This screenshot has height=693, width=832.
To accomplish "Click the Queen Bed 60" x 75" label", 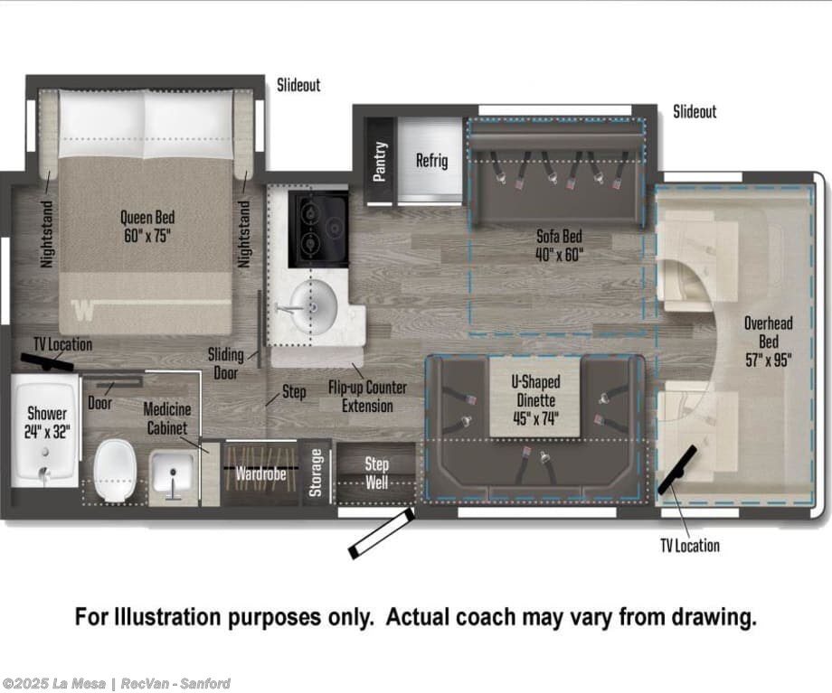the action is [x=147, y=227].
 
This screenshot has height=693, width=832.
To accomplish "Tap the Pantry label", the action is [x=380, y=161].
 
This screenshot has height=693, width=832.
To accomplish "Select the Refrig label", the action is [x=431, y=160].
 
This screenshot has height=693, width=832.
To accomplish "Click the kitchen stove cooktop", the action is [x=318, y=229].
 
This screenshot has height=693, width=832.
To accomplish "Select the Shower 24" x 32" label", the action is [x=47, y=423].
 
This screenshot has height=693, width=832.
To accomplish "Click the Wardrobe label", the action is [x=260, y=473].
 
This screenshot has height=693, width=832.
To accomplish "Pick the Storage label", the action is [x=316, y=473].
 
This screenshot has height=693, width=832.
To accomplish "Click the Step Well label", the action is [x=376, y=473].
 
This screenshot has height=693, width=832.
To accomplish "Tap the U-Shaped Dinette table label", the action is [x=535, y=400].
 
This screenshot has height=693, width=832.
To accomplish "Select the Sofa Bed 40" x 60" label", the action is [x=559, y=246].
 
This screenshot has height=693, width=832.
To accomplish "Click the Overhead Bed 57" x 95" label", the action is [x=769, y=342].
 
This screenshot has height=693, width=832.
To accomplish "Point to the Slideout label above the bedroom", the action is [x=298, y=85].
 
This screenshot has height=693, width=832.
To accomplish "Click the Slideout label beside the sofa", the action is [x=695, y=111].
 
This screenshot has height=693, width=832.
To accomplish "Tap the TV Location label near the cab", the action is [x=690, y=546].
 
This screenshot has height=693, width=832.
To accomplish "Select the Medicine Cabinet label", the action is [x=167, y=419].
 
